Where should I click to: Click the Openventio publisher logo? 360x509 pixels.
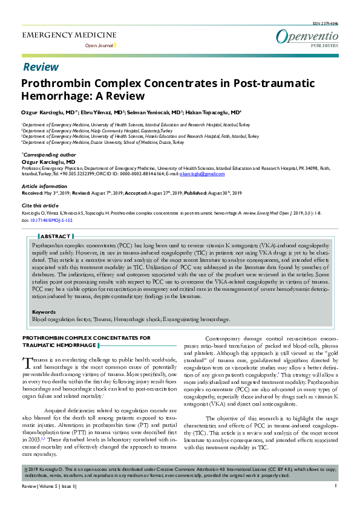tap(307, 37)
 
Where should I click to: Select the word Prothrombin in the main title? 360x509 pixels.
tap(55, 84)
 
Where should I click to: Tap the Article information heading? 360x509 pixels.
tap(45, 186)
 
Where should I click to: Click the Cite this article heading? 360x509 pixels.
tap(40, 206)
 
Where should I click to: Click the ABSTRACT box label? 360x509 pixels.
tap(55, 236)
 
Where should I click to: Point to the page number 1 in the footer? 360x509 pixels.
tap(335, 502)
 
